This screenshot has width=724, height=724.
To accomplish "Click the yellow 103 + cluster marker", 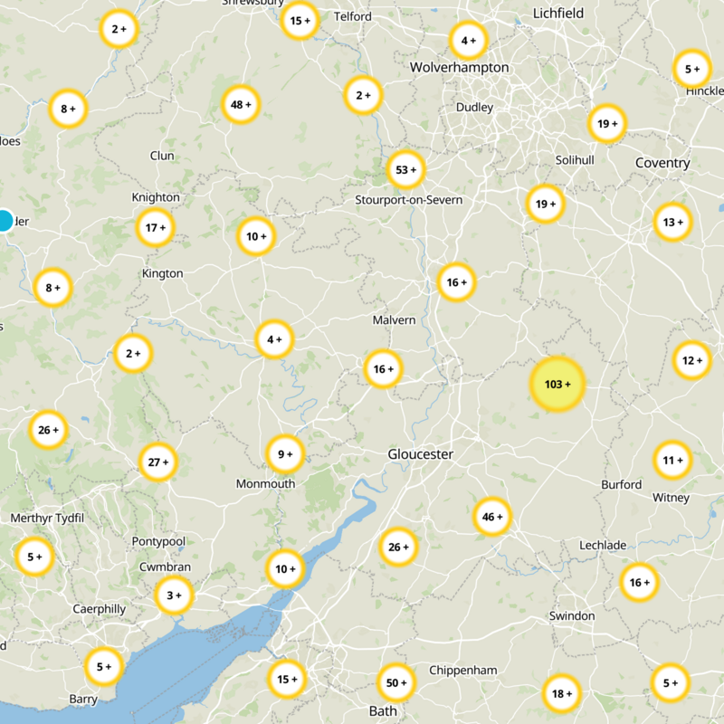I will point(557,385).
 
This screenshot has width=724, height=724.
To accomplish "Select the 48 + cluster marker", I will point(241,104).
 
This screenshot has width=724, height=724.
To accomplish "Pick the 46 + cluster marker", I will point(492,517).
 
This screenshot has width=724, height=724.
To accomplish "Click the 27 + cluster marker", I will point(158,462).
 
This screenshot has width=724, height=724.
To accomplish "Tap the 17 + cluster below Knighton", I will point(156,228).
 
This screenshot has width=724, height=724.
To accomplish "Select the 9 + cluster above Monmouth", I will point(285,454).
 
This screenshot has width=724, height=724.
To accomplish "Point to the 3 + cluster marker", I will point(174,595).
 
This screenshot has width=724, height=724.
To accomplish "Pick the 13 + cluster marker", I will point(672,222).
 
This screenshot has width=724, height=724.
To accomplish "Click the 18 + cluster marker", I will point(561,694).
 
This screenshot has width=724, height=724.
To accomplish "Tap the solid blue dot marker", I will point(5,220).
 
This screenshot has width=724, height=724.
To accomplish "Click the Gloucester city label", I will point(420,454).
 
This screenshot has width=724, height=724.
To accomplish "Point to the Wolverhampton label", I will point(459,68).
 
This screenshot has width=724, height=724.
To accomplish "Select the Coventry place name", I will point(662,163).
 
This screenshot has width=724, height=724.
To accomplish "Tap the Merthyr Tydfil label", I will point(46,518).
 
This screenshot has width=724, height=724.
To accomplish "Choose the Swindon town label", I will point(572,616).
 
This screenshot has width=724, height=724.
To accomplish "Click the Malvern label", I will point(394,320).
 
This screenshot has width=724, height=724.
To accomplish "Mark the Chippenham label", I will point(463,671).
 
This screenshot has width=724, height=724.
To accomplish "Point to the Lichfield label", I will point(558,14).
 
